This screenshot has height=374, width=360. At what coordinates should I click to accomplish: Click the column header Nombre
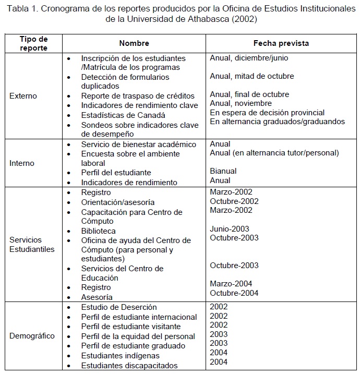(134, 43)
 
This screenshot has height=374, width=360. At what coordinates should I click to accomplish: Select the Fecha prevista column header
(281, 43)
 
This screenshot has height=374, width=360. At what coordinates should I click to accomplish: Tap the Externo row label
(23, 96)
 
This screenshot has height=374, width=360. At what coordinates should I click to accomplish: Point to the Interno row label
(22, 163)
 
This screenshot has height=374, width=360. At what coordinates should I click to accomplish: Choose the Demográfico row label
(32, 336)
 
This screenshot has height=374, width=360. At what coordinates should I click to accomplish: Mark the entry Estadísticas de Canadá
(123, 115)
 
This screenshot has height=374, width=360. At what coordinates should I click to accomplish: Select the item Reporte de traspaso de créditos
(138, 96)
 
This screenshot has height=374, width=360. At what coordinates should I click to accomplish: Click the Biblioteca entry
(99, 231)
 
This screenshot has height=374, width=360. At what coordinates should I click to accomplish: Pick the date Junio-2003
(230, 228)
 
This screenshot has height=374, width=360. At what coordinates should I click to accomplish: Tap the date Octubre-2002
(234, 201)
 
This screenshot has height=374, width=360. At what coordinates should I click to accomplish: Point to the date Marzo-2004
(231, 284)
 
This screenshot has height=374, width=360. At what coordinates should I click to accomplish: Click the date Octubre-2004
(234, 293)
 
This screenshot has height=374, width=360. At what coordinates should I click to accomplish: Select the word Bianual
(223, 171)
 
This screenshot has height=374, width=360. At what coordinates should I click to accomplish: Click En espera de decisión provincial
(267, 113)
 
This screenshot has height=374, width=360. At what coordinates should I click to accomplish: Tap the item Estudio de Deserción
(119, 307)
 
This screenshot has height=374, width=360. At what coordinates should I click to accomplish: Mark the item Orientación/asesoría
(118, 202)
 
